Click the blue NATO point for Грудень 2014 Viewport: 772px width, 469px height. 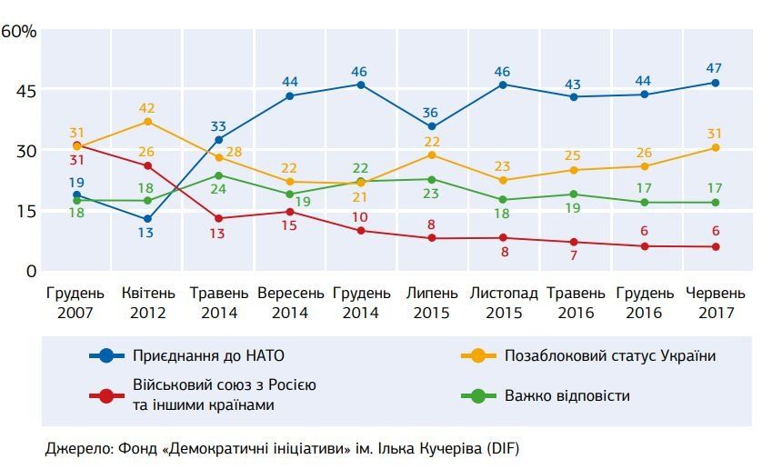361,85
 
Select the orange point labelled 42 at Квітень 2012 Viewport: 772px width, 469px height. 147,122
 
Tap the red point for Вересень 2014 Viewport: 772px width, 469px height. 290,212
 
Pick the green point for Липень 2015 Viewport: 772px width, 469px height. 432,179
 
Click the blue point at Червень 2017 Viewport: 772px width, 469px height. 716,83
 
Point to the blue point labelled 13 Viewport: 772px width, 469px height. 147,219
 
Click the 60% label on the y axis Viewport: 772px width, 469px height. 19,31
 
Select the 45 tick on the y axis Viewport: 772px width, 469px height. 24,91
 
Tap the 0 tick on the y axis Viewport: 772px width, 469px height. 31,271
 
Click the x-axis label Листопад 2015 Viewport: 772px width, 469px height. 503,304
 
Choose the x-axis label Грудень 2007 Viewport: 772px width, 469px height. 75,304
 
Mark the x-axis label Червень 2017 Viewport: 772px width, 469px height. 716,304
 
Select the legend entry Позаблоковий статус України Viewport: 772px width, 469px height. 610,356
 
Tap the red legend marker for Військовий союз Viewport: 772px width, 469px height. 107,395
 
